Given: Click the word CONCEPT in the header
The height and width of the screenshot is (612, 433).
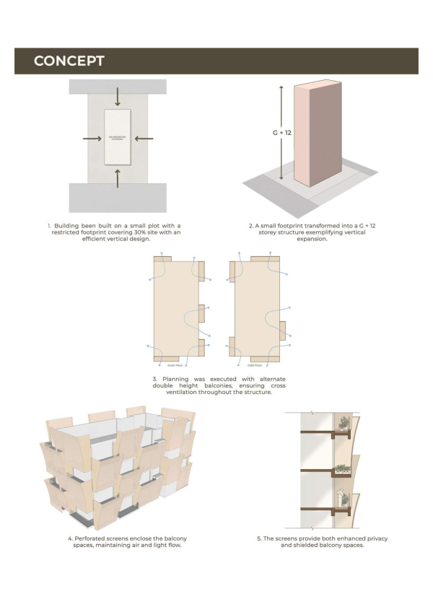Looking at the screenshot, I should (69, 61).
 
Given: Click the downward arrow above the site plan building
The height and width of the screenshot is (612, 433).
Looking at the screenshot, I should (118, 99).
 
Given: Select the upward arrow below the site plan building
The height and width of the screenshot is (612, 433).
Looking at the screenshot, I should (118, 177).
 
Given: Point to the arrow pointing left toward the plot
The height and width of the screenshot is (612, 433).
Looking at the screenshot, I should (144, 138).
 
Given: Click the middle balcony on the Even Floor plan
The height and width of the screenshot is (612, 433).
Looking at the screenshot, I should (202, 313).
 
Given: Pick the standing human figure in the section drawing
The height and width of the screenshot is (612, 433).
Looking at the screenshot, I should (341, 500).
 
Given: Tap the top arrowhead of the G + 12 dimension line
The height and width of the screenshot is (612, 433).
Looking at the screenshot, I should (281, 85).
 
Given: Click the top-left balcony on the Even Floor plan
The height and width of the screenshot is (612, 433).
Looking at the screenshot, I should (162, 259).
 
